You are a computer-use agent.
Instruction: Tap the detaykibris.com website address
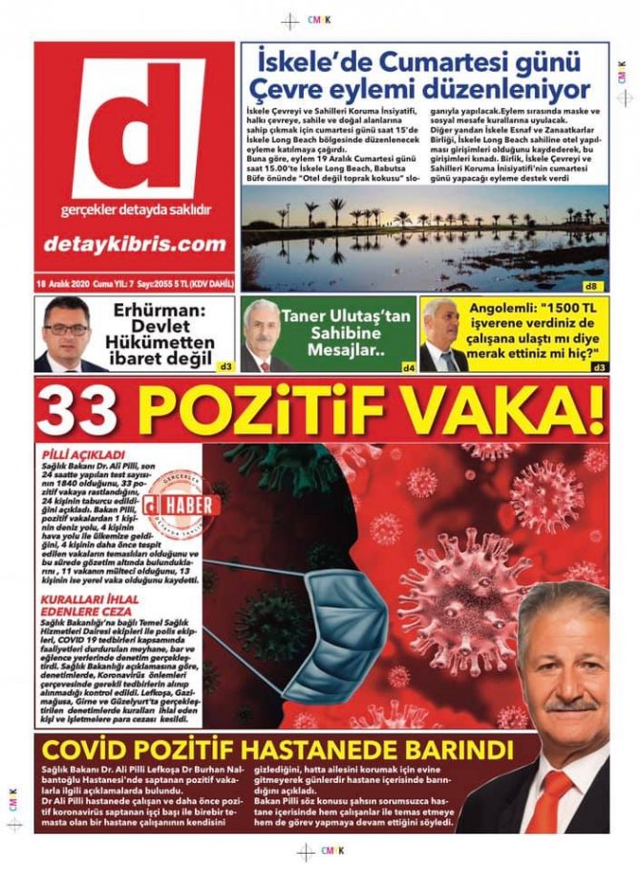point(134,245)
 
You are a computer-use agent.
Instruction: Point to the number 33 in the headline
point(78,410)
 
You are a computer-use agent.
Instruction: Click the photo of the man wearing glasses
point(66,335)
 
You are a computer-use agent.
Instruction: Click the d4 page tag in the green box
point(408,366)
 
